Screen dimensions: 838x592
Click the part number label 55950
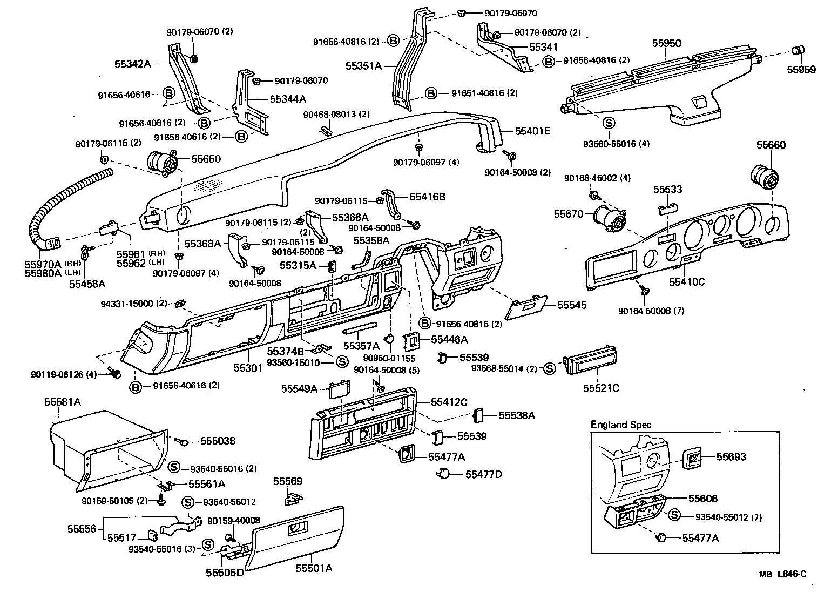click(x=666, y=43)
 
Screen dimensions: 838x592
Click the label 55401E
click(x=532, y=131)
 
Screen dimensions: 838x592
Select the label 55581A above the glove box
click(x=62, y=402)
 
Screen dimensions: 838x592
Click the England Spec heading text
click(x=620, y=425)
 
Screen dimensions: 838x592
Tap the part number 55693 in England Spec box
click(x=731, y=457)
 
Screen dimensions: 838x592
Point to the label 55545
click(x=571, y=305)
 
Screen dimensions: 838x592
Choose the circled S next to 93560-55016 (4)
click(x=609, y=123)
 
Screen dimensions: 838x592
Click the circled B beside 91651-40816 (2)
click(x=431, y=93)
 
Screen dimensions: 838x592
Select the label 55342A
click(x=132, y=64)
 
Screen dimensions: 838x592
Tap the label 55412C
click(x=449, y=402)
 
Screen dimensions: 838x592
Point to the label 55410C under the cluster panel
click(x=686, y=281)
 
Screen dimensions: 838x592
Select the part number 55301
click(x=248, y=368)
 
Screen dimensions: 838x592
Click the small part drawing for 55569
click(x=293, y=499)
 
